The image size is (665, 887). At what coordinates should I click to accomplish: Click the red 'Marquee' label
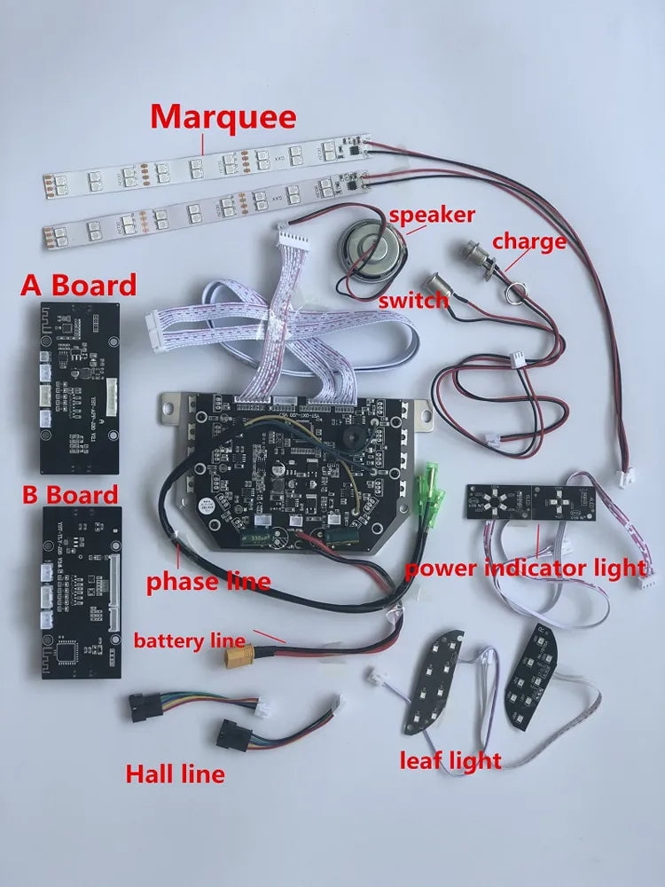click(x=224, y=117)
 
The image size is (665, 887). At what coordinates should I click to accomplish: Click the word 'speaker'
click(x=432, y=214)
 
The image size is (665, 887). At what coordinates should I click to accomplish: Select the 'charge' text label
click(x=528, y=240)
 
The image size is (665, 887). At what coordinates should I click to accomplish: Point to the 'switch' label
click(x=413, y=301)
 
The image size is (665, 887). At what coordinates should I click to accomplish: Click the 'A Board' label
click(x=79, y=285)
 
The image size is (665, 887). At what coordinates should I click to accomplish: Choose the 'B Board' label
click(x=70, y=494)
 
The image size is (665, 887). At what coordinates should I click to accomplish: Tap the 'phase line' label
click(x=207, y=582)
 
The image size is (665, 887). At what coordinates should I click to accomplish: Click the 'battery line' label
click(x=189, y=640)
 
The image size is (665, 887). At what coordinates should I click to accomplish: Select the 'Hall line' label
click(x=175, y=773)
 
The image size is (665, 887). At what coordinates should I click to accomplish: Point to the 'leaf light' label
click(x=450, y=760)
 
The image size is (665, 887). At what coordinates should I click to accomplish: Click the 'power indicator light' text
click(x=526, y=568)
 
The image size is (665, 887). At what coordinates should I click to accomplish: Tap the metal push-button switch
click(x=434, y=285)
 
